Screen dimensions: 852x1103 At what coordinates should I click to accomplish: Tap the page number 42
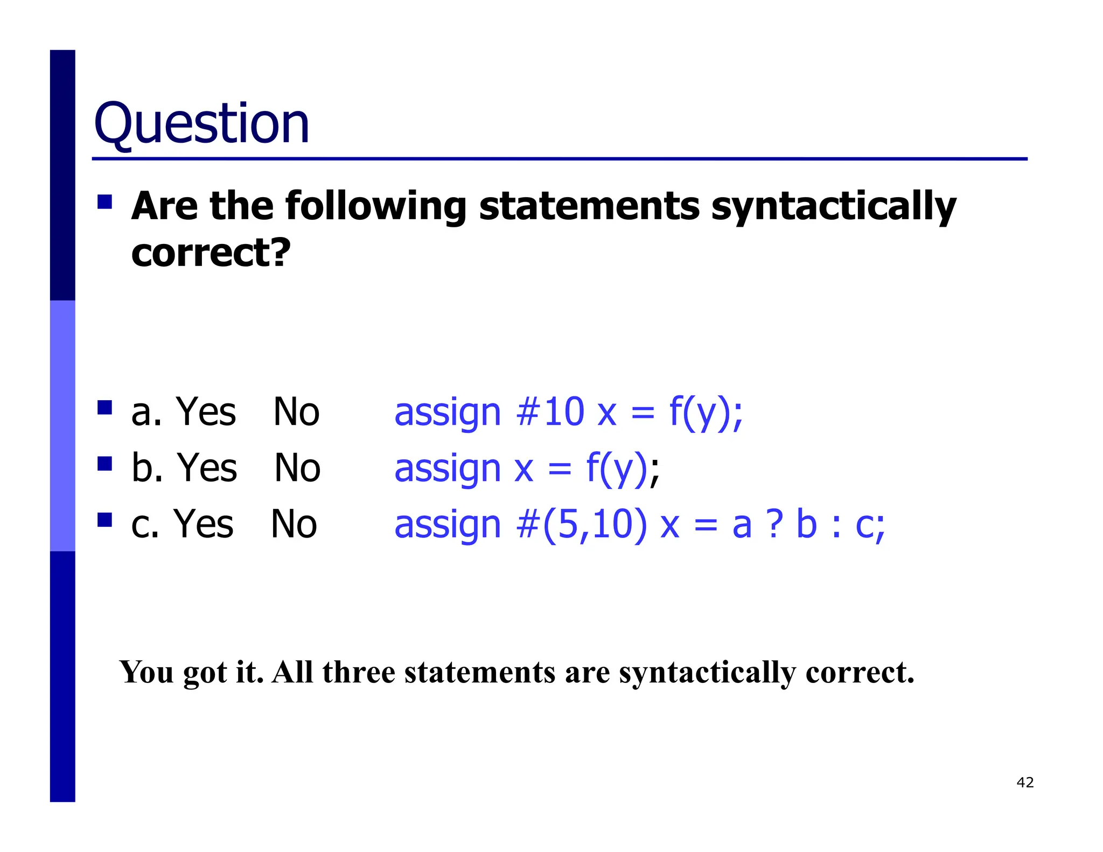pyautogui.click(x=1025, y=782)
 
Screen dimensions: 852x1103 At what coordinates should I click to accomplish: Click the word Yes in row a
pyautogui.click(x=206, y=412)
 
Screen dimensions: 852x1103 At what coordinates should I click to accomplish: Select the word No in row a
pyautogui.click(x=296, y=412)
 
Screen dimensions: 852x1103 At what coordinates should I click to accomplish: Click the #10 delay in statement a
pyautogui.click(x=549, y=412)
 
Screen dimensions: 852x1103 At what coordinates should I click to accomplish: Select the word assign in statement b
pyautogui.click(x=448, y=469)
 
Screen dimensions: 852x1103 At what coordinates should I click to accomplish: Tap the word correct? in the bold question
pyautogui.click(x=211, y=253)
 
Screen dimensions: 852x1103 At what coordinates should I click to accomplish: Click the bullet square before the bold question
pyautogui.click(x=104, y=202)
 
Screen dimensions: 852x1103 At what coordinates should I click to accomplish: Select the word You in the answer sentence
pyautogui.click(x=146, y=672)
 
